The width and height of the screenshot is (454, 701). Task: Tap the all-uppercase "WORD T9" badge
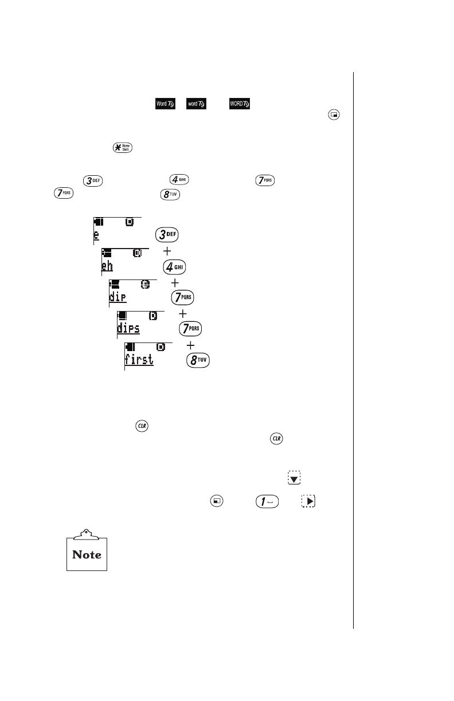[x=239, y=104]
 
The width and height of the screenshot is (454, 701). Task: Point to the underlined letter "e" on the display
[x=96, y=235]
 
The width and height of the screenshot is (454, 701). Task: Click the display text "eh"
[x=107, y=266]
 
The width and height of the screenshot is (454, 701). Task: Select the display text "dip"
[x=118, y=297]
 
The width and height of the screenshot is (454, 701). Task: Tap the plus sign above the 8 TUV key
[x=190, y=346]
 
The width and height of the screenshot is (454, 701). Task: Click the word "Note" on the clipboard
[x=87, y=554]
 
